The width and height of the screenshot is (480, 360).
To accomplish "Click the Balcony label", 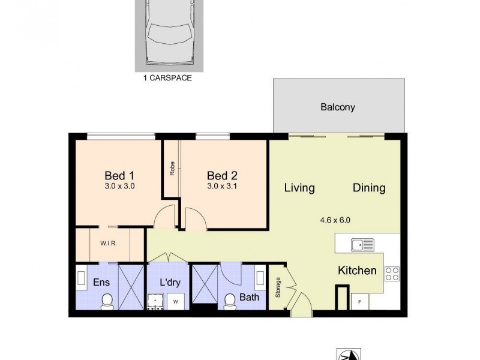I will click(x=337, y=108).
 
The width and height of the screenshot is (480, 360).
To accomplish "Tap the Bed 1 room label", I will click(x=119, y=176).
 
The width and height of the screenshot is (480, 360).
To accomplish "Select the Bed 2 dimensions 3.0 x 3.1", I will click(x=221, y=186).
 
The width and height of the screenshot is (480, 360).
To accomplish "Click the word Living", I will click(x=299, y=188).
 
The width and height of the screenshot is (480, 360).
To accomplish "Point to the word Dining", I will click(x=368, y=188).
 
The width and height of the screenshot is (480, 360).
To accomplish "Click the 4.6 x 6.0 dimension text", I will click(x=335, y=220).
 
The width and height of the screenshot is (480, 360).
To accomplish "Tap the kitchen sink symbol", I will click(x=363, y=244).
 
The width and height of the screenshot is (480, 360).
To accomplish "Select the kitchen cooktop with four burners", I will click(x=391, y=274).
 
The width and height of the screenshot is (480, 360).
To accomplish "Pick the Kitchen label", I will click(x=357, y=271).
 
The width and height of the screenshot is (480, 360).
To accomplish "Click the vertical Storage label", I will click(x=278, y=287).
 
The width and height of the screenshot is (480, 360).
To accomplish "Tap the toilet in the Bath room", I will click(x=229, y=302).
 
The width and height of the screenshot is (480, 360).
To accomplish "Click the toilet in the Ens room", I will click(x=107, y=301).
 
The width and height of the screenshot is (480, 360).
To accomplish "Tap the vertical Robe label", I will click(x=172, y=169).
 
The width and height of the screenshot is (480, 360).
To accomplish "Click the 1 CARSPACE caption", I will click(x=167, y=78).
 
